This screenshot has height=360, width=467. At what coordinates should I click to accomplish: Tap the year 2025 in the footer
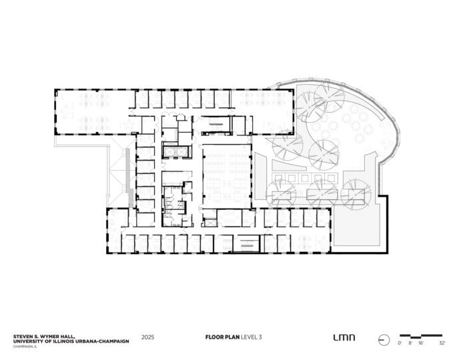tap(147, 337)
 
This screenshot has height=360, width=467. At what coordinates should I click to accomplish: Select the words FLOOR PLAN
tap(222, 337)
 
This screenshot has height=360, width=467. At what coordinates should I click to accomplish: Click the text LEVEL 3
tap(252, 337)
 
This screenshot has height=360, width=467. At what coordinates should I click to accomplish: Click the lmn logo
tap(344, 337)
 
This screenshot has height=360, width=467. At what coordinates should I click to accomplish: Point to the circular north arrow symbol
tap(384, 340)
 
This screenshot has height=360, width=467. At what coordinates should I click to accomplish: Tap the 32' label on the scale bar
tap(442, 343)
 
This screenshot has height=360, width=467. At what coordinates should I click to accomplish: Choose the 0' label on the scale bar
tap(400, 343)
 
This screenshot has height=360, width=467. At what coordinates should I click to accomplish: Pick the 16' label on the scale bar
tap(420, 343)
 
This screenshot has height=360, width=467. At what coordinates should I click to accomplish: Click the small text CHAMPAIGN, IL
tap(25, 347)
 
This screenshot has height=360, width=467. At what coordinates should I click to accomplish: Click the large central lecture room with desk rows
tap(227, 176)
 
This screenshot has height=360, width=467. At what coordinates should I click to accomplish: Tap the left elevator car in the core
tap(169, 152)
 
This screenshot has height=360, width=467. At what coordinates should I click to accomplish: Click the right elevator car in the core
tap(181, 152)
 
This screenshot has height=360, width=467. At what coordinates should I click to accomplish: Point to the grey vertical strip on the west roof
tap(129, 177)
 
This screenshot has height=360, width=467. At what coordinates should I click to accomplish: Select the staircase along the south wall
tap(246, 244)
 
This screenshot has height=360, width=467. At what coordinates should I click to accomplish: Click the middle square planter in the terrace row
tap(305, 179)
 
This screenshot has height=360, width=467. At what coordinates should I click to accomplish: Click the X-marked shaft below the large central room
tap(210, 223)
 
